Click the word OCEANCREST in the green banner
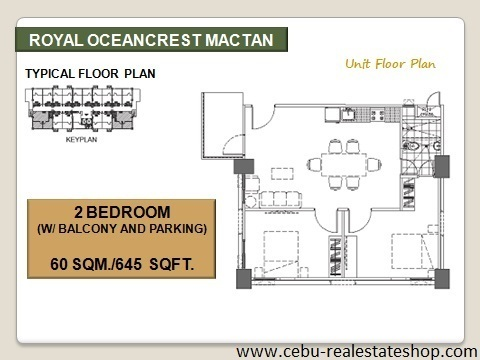click(x=144, y=40)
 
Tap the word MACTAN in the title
click(x=239, y=40)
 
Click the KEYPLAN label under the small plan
click(x=81, y=140)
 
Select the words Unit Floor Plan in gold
click(x=390, y=63)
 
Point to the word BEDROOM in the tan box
click(x=128, y=212)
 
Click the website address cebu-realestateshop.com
click(x=356, y=351)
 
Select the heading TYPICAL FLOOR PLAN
click(x=90, y=74)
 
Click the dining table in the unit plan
click(x=344, y=165)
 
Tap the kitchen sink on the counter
click(x=348, y=114)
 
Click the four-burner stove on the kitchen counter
click(x=377, y=115)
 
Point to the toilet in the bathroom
click(x=413, y=146)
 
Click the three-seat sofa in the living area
click(x=280, y=200)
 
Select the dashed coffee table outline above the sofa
click(x=282, y=174)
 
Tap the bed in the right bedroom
click(x=412, y=251)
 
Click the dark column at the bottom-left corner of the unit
click(x=244, y=279)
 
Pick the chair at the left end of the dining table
click(x=314, y=165)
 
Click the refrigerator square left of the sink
click(x=332, y=114)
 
